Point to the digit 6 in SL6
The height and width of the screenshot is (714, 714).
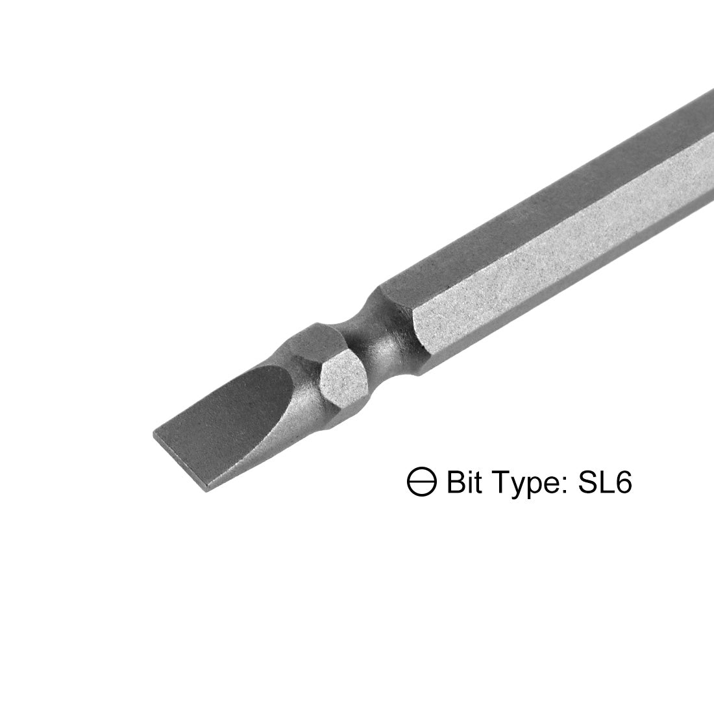tap(622, 484)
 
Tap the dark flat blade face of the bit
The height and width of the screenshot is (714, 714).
tap(240, 402)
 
